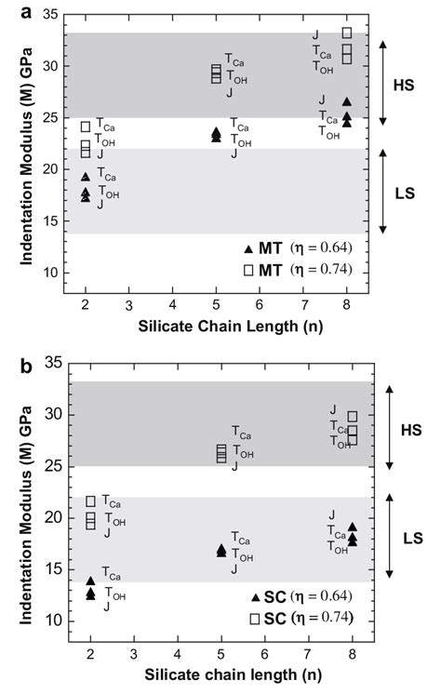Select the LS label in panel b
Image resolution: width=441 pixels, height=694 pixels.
tap(405, 540)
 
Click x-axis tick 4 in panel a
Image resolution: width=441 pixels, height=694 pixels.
tap(172, 304)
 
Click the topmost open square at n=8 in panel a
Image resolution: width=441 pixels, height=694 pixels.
tap(347, 33)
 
